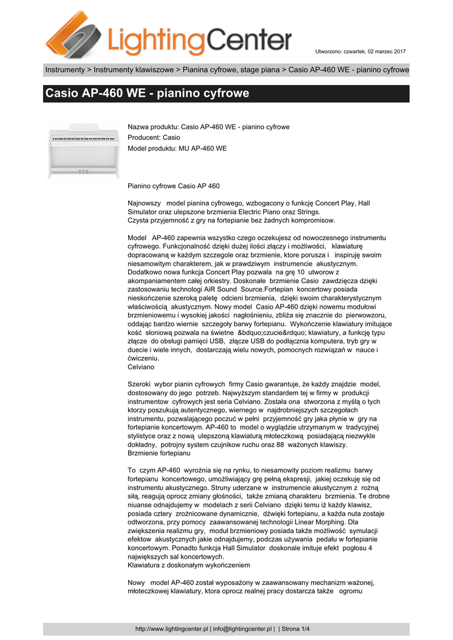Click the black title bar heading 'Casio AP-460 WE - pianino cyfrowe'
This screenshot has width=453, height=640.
point(147,94)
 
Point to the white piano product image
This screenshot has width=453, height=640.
point(83,152)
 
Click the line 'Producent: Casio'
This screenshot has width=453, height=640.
point(154,137)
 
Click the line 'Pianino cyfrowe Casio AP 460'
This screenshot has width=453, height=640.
point(174,186)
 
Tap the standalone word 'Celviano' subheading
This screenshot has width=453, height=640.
point(141,367)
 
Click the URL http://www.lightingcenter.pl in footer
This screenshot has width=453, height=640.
point(171,629)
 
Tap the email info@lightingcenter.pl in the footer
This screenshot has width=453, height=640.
point(242,629)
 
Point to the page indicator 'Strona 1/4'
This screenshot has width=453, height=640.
point(296,629)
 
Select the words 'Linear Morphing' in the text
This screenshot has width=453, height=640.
point(317,521)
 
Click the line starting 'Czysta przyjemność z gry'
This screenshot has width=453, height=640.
point(231,221)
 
